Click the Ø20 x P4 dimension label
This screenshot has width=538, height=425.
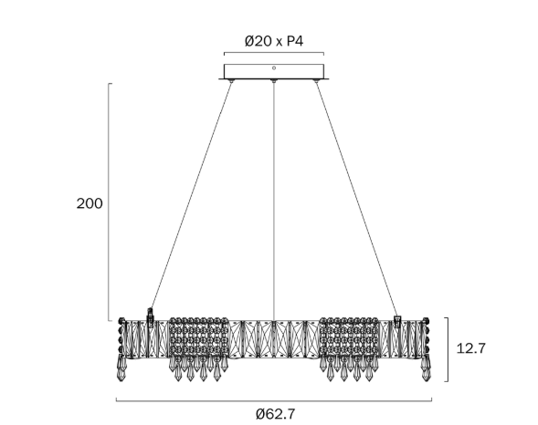tap(274, 41)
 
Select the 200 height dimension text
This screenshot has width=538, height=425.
tap(90, 203)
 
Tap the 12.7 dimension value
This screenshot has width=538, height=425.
tap(471, 348)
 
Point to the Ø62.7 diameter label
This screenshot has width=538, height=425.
tap(275, 414)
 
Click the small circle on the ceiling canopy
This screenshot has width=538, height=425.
tap(274, 68)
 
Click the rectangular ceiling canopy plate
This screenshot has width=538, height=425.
tap(274, 71)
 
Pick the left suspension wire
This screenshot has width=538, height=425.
tap(192, 194)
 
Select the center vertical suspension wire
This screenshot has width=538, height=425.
tap(274, 201)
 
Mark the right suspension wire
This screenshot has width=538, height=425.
tap(356, 199)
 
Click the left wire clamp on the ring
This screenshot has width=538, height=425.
tap(150, 316)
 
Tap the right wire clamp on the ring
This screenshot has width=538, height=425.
tap(397, 321)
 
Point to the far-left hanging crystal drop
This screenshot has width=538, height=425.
tap(121, 368)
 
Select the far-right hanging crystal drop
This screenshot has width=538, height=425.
tap(427, 368)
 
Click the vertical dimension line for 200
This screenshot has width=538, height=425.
tap(109, 202)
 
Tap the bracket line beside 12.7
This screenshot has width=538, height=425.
tap(448, 349)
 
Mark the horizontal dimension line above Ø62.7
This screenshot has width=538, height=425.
tap(274, 400)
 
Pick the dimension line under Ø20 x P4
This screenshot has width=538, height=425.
tap(274, 53)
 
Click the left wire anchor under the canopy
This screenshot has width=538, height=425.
tap(232, 81)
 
